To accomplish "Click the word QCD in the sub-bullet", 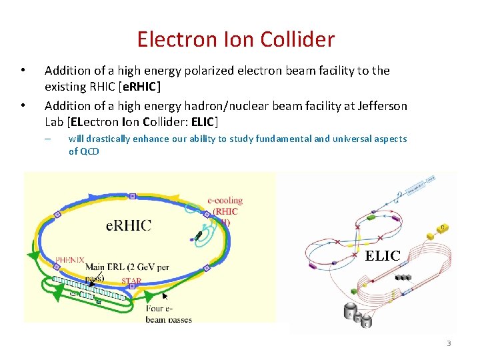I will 89,151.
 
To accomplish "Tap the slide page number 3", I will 449,343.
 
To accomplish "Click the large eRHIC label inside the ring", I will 129,225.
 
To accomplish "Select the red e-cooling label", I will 225,200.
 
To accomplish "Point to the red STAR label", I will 131,281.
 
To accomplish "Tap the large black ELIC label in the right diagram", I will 383,255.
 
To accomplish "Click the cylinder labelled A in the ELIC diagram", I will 348,311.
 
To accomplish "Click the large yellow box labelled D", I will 443,228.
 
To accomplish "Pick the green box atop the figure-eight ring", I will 371,217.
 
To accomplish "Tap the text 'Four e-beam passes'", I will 169,314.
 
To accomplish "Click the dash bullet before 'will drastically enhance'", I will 48,139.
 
